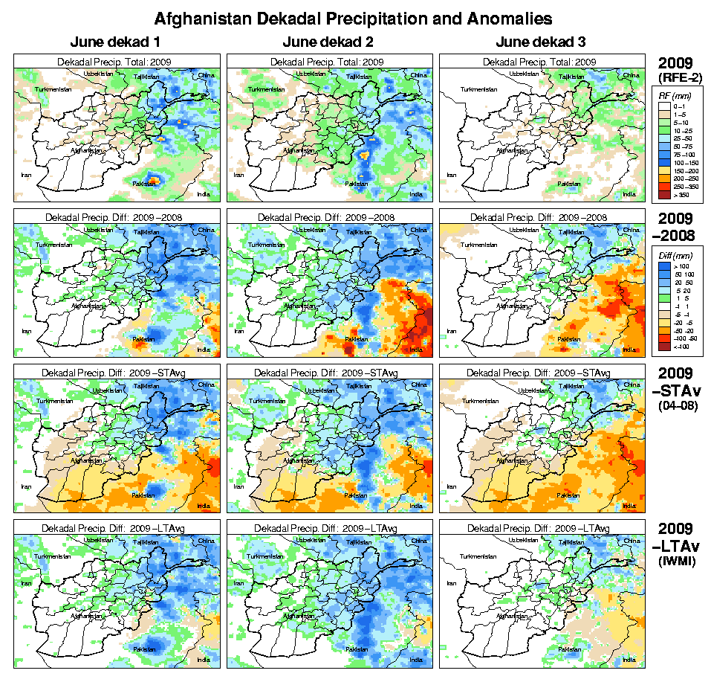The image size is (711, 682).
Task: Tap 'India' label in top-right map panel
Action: pyautogui.click(x=629, y=194)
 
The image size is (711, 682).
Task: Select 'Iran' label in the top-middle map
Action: pyautogui.click(x=238, y=175)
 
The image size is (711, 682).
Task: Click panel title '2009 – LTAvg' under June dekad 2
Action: pyautogui.click(x=329, y=527)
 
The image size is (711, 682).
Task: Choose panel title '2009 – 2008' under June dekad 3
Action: pyautogui.click(x=542, y=216)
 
